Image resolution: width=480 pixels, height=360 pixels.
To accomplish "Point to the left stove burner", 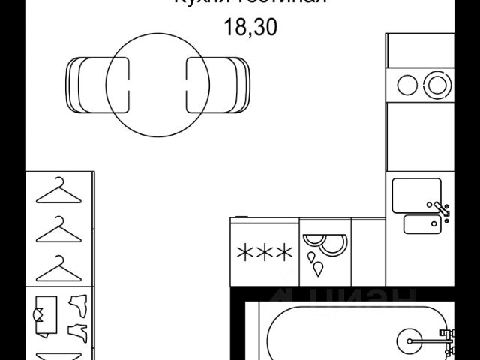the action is tap(407, 83).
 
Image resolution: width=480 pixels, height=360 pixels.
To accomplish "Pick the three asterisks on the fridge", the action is tap(264, 252).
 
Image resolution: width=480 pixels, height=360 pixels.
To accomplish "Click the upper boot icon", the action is tap(79, 303).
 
